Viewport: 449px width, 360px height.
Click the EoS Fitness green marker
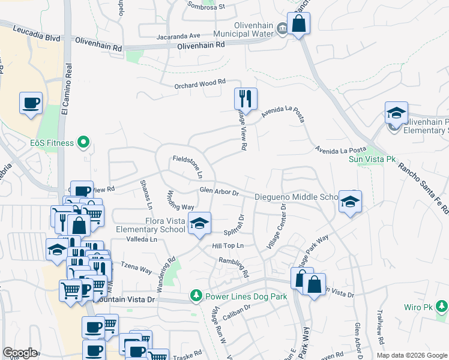[84, 143]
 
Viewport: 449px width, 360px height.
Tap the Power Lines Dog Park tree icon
[196, 296]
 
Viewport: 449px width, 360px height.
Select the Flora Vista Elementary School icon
[199, 223]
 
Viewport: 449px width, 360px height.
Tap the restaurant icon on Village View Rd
[246, 98]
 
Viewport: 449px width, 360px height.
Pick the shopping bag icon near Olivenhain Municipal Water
[298, 24]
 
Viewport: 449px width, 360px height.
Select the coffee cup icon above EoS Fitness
[31, 103]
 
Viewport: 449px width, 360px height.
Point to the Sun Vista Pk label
[366, 159]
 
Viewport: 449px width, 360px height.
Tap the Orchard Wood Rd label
[200, 84]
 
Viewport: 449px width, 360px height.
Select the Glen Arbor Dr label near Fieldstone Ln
[219, 192]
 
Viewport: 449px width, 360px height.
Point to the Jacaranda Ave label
[177, 35]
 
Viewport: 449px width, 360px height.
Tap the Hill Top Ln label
[228, 246]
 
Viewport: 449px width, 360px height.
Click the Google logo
[20, 353]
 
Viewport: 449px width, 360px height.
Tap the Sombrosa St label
[205, 7]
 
